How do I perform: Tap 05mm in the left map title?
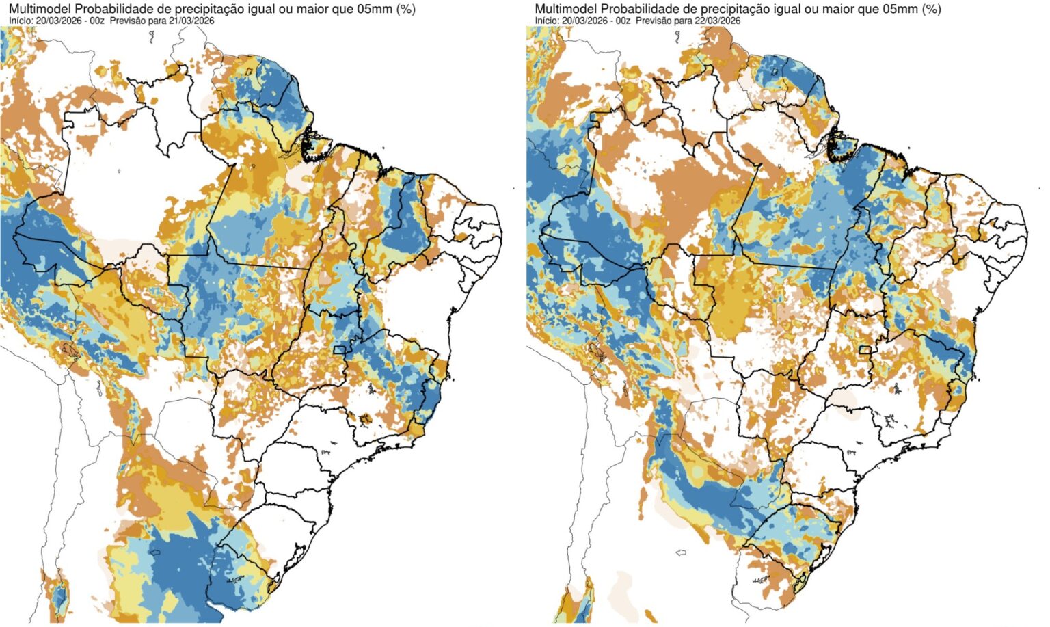pyautogui.click(x=375, y=9)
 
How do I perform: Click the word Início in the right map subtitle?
pyautogui.click(x=547, y=21)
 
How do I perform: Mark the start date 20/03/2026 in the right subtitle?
pyautogui.click(x=585, y=21)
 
